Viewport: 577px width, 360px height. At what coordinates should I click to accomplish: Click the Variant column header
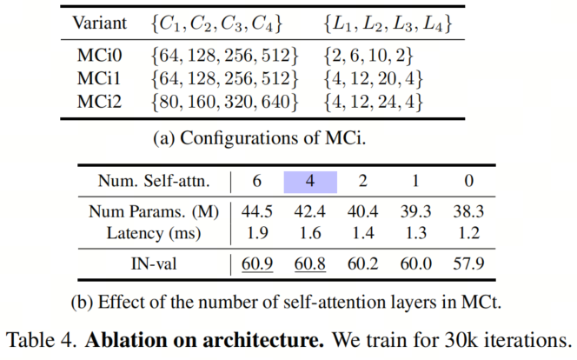[99, 23]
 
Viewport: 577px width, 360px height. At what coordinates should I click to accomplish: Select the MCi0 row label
[99, 55]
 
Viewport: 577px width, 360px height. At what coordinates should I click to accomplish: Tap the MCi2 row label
[99, 102]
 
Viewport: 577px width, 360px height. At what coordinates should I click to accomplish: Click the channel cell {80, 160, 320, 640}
[224, 102]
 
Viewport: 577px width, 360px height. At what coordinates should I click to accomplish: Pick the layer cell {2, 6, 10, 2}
[368, 55]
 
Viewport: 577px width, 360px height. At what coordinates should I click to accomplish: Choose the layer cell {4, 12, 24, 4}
[373, 102]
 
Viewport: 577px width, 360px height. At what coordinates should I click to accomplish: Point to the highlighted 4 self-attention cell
[310, 182]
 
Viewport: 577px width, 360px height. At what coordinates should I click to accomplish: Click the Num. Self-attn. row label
[154, 181]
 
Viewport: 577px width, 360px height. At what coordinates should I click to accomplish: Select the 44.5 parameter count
[257, 211]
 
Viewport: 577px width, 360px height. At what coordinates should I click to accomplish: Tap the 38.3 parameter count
[468, 211]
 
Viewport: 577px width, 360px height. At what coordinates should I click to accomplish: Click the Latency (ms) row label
[154, 233]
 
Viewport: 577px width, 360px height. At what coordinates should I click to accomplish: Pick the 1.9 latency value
[257, 233]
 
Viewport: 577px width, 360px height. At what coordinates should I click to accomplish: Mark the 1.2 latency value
[469, 233]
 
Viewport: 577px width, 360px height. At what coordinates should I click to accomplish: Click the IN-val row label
[154, 264]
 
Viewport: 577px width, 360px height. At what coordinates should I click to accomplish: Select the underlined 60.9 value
[257, 264]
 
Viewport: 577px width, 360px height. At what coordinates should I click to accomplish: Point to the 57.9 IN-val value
[468, 264]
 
